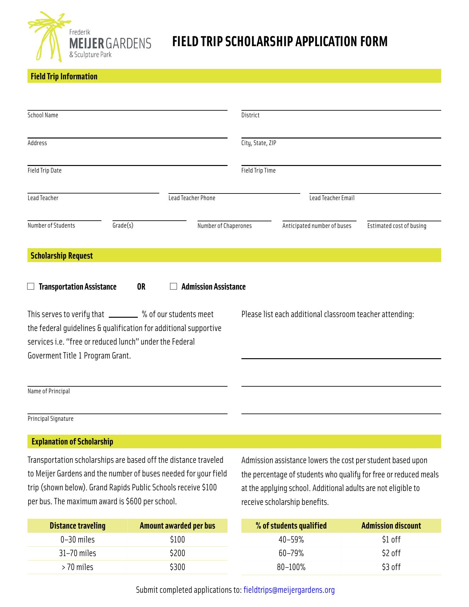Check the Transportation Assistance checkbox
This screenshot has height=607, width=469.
(31, 286)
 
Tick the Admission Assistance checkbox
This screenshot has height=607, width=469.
(174, 286)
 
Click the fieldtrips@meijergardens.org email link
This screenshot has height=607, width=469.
(289, 590)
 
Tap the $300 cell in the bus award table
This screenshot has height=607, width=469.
(177, 567)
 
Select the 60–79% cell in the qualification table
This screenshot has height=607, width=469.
(291, 553)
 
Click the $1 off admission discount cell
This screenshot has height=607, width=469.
(391, 540)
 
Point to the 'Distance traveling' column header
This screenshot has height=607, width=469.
(77, 526)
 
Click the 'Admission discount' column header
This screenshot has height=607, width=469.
(391, 526)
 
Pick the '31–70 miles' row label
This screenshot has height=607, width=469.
(77, 553)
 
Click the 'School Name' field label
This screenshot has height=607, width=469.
(43, 115)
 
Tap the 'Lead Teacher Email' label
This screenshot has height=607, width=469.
(332, 198)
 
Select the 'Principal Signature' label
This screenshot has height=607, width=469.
(51, 419)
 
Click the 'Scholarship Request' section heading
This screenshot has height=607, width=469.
(62, 255)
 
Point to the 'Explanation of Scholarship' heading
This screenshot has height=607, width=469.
(72, 442)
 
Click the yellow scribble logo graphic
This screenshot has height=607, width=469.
(47, 35)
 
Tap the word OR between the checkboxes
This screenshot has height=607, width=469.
(141, 287)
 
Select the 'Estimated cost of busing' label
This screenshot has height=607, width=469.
(397, 226)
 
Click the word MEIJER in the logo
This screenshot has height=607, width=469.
(87, 43)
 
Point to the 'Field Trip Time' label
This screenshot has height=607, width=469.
(258, 170)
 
